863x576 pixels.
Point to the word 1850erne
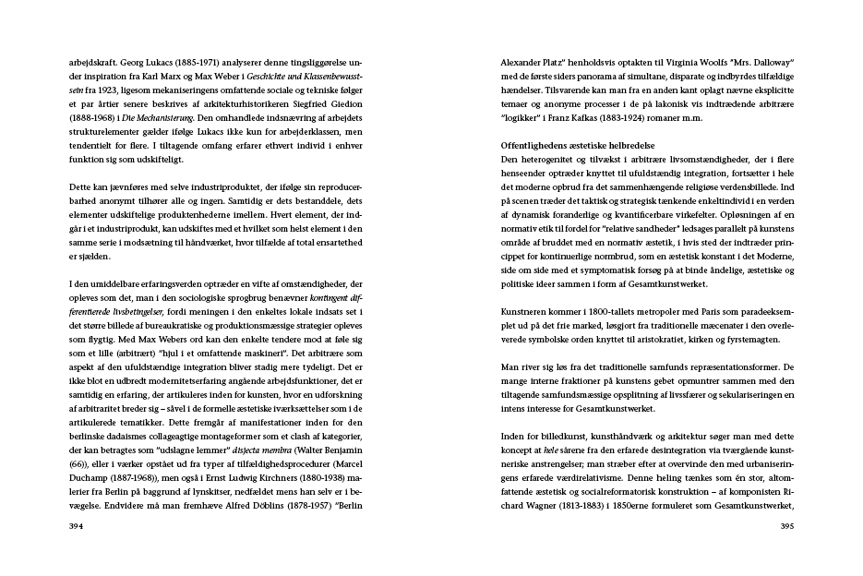tap(637, 507)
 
